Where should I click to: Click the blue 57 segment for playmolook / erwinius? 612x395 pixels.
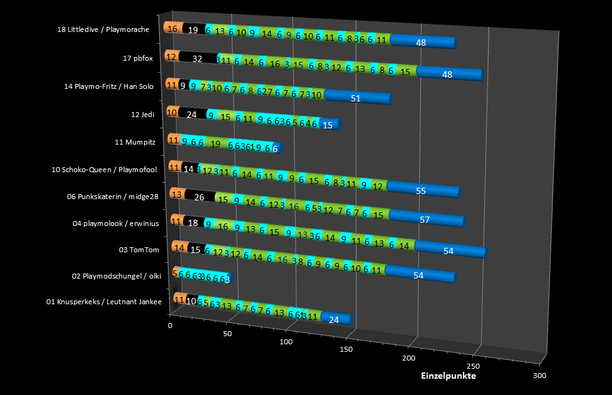click(425, 220)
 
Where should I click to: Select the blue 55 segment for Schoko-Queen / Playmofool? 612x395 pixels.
click(422, 191)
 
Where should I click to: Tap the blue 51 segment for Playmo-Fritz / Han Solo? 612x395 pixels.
click(356, 98)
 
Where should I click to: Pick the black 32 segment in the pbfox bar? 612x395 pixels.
click(197, 58)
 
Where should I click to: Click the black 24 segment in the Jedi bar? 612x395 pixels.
click(192, 114)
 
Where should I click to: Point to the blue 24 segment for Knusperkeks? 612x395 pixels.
click(334, 319)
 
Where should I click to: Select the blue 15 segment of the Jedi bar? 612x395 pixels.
click(328, 125)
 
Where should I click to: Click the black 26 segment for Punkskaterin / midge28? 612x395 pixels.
click(199, 197)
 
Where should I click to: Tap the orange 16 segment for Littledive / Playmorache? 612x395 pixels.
click(172, 28)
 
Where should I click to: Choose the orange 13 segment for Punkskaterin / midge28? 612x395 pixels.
click(177, 194)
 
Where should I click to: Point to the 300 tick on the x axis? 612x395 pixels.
click(539, 375)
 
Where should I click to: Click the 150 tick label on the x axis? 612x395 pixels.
click(345, 349)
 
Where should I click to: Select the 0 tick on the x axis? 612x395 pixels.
click(170, 326)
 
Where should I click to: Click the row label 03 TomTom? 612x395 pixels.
click(139, 250)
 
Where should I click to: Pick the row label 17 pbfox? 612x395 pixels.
click(138, 58)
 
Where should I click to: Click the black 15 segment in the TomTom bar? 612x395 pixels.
click(195, 250)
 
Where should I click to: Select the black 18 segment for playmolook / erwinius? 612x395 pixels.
click(194, 222)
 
